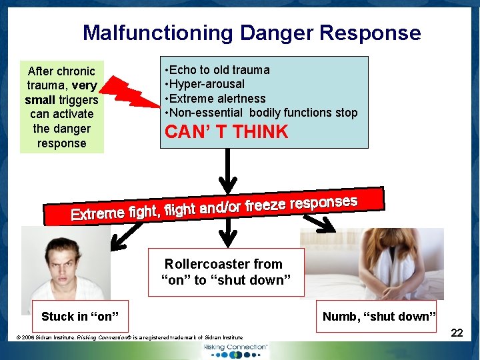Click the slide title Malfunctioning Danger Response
pos(251,33)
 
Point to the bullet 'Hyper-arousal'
pos(207,84)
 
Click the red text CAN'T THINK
pos(227,132)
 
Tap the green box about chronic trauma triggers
pos(62,107)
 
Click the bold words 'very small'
pos(62,93)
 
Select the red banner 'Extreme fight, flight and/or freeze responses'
pos(214,207)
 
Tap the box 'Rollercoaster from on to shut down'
pos(225,272)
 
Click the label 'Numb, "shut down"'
pos(379,316)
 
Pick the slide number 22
pos(457,332)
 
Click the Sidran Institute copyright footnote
pos(130,337)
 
